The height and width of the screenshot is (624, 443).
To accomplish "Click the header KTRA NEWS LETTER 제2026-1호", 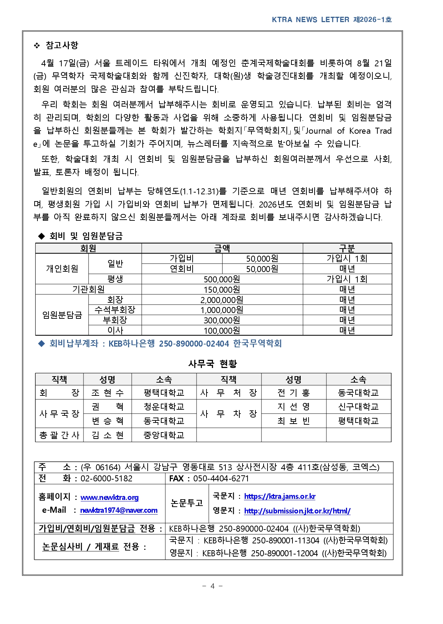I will (x=332, y=20).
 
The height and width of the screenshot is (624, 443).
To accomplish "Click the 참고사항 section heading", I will (x=61, y=45).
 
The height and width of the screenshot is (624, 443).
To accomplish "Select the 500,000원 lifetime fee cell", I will (x=222, y=279).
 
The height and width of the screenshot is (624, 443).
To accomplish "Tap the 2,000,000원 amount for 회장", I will (x=222, y=300).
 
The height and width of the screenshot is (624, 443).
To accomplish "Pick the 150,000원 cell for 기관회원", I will (x=222, y=290).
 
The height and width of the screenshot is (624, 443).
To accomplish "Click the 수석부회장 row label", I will (x=115, y=310).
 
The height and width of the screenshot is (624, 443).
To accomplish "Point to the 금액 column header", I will (x=222, y=248).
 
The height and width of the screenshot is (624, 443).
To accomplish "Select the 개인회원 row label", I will (x=62, y=268).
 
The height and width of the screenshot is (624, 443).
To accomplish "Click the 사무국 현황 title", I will (x=213, y=364).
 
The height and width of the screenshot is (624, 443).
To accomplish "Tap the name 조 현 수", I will (x=107, y=393).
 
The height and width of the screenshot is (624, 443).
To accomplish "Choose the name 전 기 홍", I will (x=294, y=393).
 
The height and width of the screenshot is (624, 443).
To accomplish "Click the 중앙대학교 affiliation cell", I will (x=164, y=435).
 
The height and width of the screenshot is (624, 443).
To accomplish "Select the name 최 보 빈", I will (x=294, y=421).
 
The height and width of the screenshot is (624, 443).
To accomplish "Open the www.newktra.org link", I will (x=110, y=497).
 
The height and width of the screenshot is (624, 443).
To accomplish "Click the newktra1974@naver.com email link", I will (x=119, y=510).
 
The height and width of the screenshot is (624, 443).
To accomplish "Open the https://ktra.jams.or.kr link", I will (x=280, y=496).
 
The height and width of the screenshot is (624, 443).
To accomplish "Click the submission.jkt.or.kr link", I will (x=297, y=511).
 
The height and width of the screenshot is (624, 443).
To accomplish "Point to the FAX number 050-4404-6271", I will (x=221, y=479).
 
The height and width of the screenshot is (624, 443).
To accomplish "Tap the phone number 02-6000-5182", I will (x=106, y=479).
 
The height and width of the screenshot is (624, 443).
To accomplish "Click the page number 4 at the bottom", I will (x=212, y=586).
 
